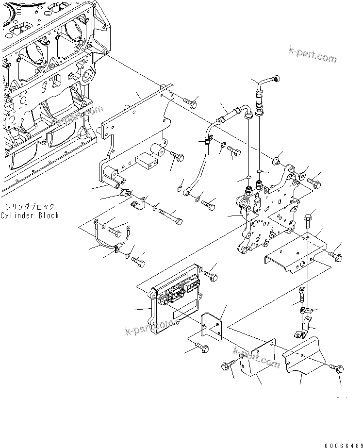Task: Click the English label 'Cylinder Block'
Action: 30,215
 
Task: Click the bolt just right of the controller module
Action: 212,274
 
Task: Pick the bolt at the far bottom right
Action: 339,369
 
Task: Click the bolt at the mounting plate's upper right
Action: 190,102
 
